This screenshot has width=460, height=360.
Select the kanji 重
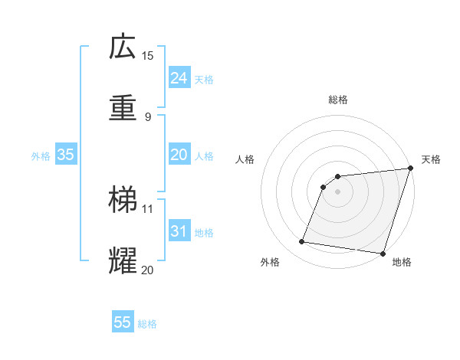pyautogui.click(x=123, y=107)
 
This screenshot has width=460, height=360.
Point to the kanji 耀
pyautogui.click(x=123, y=260)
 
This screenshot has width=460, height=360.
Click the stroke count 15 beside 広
pyautogui.click(x=147, y=56)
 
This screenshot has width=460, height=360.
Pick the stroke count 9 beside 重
pyautogui.click(x=147, y=117)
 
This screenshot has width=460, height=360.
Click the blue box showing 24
pyautogui.click(x=179, y=78)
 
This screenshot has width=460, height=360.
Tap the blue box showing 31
pyautogui.click(x=179, y=231)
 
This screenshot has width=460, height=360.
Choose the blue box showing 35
pyautogui.click(x=65, y=155)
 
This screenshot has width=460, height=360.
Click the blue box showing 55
pyautogui.click(x=123, y=322)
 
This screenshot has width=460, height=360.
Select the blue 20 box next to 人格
pyautogui.click(x=179, y=155)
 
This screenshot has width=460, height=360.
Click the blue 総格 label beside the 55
pyautogui.click(x=147, y=324)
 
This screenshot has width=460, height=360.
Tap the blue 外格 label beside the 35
pyautogui.click(x=41, y=156)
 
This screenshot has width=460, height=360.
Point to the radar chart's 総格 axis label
pyautogui.click(x=338, y=100)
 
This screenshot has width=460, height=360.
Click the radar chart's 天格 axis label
pyautogui.click(x=431, y=159)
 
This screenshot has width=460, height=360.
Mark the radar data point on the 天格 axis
pyautogui.click(x=410, y=169)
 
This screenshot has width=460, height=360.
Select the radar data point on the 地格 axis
pyautogui.click(x=383, y=254)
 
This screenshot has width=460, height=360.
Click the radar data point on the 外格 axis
pyautogui.click(x=301, y=242)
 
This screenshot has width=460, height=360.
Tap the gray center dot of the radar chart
pyautogui.click(x=337, y=192)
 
